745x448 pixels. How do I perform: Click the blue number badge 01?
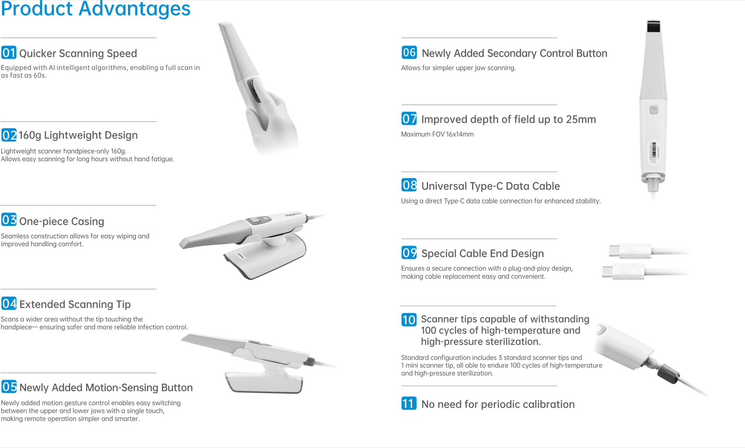pyautogui.click(x=9, y=53)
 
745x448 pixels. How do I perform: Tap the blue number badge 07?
pyautogui.click(x=409, y=119)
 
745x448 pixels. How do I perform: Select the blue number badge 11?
pyautogui.click(x=409, y=403)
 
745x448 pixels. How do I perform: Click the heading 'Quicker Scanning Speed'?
pyautogui.click(x=78, y=54)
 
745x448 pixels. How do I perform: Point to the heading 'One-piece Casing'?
pyautogui.click(x=61, y=221)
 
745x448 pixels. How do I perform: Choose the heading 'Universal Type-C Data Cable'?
pyautogui.click(x=490, y=186)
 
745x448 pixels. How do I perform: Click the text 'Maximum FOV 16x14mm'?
pyautogui.click(x=437, y=135)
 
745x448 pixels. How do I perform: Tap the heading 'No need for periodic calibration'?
pyautogui.click(x=498, y=404)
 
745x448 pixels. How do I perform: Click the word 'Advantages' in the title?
pyautogui.click(x=135, y=9)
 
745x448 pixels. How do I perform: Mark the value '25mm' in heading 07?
pyautogui.click(x=581, y=120)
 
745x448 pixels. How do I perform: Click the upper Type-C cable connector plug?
pyautogui.click(x=629, y=251)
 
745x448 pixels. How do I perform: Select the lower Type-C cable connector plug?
pyautogui.click(x=623, y=272)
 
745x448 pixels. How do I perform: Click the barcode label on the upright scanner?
pyautogui.click(x=654, y=152)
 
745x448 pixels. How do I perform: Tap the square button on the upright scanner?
pyautogui.click(x=654, y=110)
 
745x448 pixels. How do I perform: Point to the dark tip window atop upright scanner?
pyautogui.click(x=654, y=27)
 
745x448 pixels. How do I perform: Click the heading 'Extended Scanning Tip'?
pyautogui.click(x=75, y=305)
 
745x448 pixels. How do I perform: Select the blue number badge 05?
pyautogui.click(x=9, y=387)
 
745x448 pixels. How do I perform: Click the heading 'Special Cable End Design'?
pyautogui.click(x=482, y=254)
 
